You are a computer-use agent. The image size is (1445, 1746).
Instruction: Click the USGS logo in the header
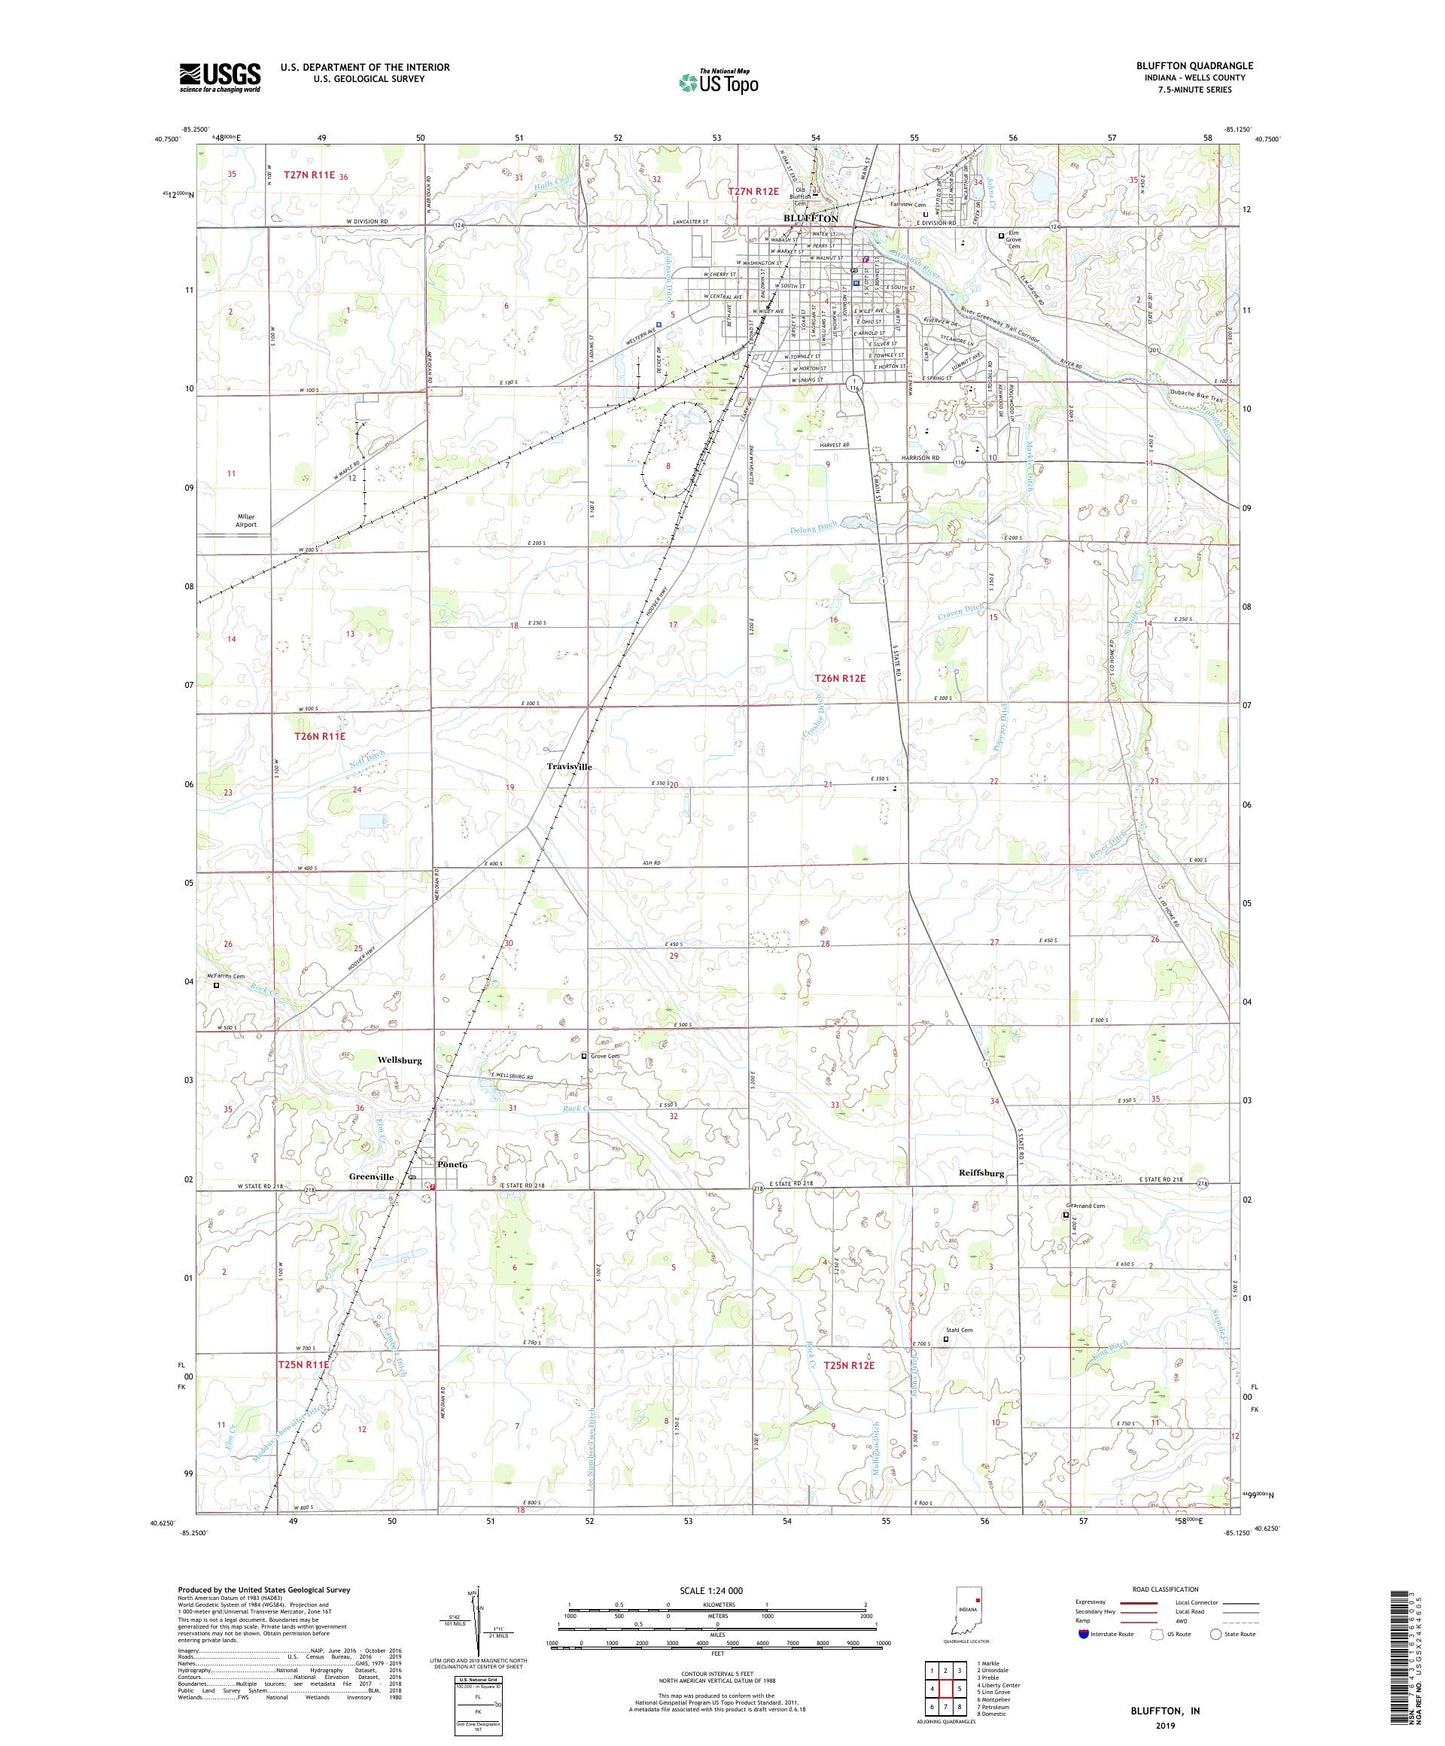pyautogui.click(x=220, y=76)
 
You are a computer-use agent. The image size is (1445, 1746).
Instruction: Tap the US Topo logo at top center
pyautogui.click(x=717, y=82)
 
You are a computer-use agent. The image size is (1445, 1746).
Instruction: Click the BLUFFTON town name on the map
pyautogui.click(x=810, y=218)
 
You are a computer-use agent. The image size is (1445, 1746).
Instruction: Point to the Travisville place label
pyautogui.click(x=569, y=767)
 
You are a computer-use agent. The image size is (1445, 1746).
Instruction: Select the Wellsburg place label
pyautogui.click(x=400, y=1060)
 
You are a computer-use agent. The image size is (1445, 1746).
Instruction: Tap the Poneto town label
pyautogui.click(x=453, y=1165)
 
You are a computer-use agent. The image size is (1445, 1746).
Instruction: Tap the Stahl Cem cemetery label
pyautogui.click(x=960, y=1330)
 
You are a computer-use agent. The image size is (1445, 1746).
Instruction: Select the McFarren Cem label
pyautogui.click(x=225, y=976)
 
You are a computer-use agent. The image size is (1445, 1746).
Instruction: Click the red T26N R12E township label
pyautogui.click(x=839, y=678)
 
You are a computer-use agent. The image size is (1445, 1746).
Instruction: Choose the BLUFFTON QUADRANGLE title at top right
pyautogui.click(x=1194, y=66)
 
